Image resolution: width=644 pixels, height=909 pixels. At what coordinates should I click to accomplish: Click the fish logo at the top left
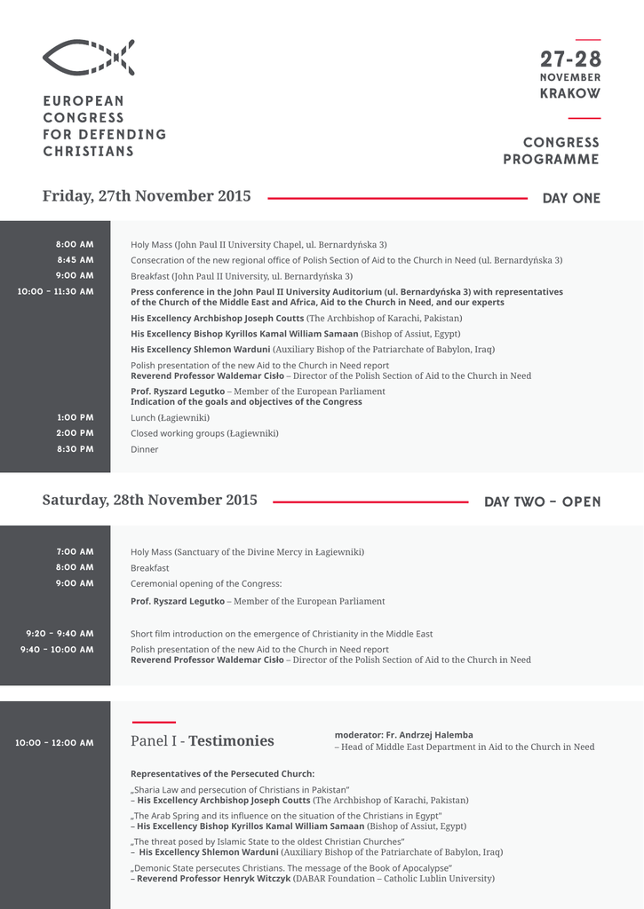(x=88, y=58)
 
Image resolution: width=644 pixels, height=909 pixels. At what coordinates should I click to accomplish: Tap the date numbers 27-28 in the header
(x=570, y=59)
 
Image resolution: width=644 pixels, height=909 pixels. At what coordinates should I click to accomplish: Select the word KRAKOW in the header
(x=570, y=93)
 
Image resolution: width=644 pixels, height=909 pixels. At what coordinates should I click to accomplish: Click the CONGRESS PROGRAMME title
(x=552, y=151)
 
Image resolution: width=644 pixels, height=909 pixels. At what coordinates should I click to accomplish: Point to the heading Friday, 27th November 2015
(x=147, y=196)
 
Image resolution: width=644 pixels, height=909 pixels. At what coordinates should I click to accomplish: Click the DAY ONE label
(x=571, y=198)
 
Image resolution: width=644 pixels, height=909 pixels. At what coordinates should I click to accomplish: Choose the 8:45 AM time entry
(x=76, y=260)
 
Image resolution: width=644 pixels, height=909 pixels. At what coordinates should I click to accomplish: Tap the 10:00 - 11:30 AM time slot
(x=56, y=291)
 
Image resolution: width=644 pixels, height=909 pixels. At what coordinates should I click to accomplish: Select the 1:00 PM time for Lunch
(x=76, y=417)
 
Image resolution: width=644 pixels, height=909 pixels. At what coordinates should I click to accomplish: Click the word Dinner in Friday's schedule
(x=145, y=449)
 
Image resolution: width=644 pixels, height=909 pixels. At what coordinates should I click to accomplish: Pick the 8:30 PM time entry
(x=76, y=449)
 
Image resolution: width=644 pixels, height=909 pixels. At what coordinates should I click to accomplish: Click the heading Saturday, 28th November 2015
(x=149, y=500)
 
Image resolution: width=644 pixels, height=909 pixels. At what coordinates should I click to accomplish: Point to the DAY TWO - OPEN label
(x=542, y=502)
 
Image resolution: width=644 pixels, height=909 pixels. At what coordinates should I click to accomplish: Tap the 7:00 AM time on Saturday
(x=76, y=551)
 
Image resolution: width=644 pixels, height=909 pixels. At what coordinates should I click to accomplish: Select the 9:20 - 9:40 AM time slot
(x=60, y=634)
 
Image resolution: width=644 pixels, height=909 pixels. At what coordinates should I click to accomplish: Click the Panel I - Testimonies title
(x=203, y=741)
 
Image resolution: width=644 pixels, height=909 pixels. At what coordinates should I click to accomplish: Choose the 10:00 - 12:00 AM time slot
(x=54, y=742)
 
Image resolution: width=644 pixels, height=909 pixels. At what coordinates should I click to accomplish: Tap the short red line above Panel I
(x=153, y=723)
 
